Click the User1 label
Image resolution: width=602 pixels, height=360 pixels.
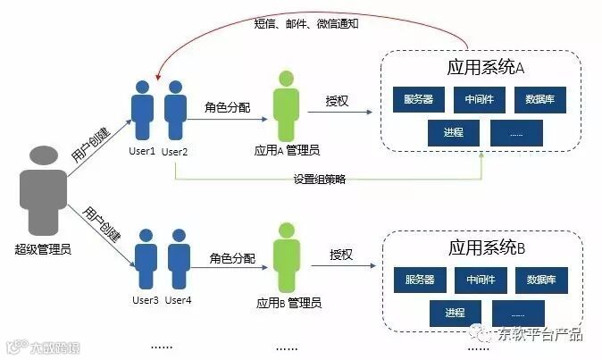(144, 151)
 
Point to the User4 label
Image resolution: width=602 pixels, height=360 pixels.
(179, 299)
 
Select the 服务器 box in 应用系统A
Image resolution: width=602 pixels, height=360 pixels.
(419, 99)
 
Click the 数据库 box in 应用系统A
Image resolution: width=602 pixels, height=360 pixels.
(540, 99)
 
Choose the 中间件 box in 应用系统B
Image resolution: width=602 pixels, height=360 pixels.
(480, 280)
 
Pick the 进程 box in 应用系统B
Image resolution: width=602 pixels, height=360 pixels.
(454, 312)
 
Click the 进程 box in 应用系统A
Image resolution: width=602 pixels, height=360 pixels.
(453, 132)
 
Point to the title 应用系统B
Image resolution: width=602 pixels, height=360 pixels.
(486, 247)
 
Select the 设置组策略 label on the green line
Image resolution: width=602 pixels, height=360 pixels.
(319, 179)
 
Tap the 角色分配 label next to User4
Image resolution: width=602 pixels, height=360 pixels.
(230, 259)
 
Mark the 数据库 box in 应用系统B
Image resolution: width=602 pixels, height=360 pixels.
(540, 280)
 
